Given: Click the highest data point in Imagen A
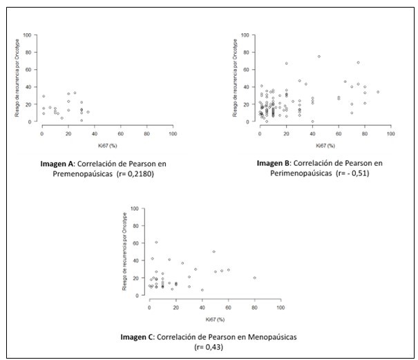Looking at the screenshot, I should (x=75, y=93).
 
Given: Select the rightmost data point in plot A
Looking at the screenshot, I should (x=88, y=112).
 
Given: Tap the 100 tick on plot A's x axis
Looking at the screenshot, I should (x=172, y=133).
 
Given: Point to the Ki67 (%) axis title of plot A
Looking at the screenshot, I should (x=106, y=143).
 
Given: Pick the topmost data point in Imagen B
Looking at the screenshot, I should (x=319, y=57).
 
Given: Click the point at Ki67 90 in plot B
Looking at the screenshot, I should (x=378, y=92).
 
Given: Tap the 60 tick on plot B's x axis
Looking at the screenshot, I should (x=339, y=133).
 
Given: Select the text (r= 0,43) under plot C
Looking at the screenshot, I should (x=210, y=348).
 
